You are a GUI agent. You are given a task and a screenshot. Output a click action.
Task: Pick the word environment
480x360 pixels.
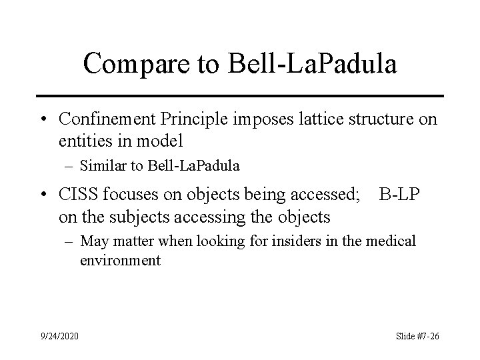[x=121, y=260]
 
